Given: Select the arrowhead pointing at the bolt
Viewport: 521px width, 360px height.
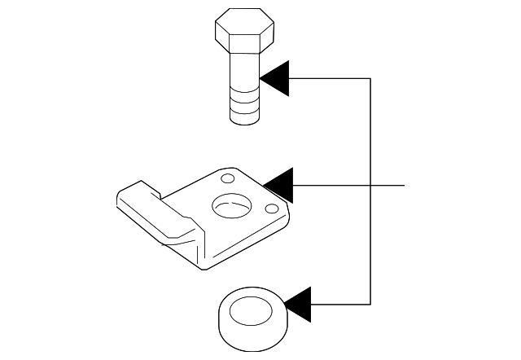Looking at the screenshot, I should point(276,78).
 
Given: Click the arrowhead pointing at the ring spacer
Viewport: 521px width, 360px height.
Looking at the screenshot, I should point(296,305).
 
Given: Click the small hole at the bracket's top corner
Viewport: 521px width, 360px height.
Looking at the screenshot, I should point(227,178).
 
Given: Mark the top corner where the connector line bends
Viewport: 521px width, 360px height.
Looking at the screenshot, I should point(371,78).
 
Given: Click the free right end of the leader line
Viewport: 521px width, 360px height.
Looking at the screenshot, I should point(404,186).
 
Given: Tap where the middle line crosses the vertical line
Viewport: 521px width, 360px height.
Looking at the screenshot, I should point(371,186).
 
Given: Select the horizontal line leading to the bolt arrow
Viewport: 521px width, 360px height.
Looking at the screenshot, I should point(330,78).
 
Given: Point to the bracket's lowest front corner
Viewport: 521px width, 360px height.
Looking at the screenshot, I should point(204,266).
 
